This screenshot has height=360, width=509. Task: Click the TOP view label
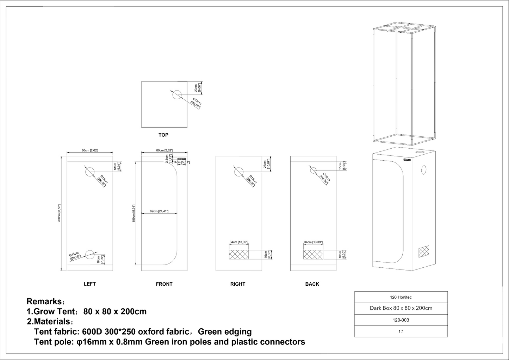pos(163,135)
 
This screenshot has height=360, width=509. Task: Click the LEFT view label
pos(89,284)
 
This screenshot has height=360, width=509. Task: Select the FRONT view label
pos(164,284)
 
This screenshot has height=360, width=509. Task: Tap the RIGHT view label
pos(237,284)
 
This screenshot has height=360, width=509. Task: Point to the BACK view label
pos(312,284)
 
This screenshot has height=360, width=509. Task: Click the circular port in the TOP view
pos(177,94)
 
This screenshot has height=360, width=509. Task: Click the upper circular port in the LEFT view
pos(90,172)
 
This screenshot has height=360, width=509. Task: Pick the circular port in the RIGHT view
pos(238,172)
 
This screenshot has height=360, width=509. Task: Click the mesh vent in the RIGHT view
pos(239,254)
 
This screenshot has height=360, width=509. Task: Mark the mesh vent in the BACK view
pos(313,254)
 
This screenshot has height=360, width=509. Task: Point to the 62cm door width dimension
pos(159,211)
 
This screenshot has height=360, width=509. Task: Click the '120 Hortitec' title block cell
pos(401,297)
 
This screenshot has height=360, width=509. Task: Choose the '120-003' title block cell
pos(401,320)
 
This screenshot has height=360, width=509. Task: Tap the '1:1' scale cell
pos(401,331)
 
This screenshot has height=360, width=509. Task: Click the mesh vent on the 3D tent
pos(424,252)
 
